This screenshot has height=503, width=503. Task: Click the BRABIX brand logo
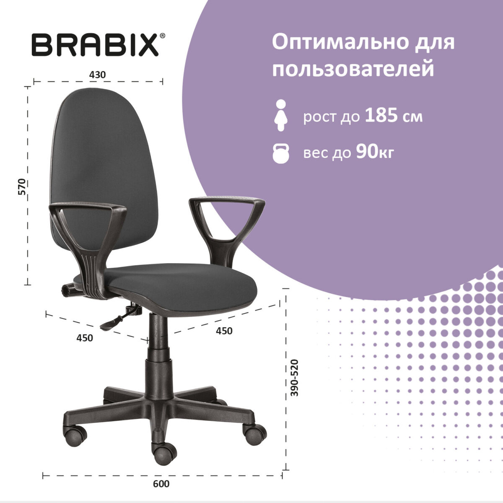coord(95,45)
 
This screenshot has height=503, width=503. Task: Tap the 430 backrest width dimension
coord(97,75)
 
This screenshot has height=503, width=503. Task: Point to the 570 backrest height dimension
coord(22,187)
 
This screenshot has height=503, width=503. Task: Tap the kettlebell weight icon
coord(280,153)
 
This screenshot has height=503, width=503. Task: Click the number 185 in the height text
coord(381,116)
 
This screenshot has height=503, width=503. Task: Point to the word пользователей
coord(353,69)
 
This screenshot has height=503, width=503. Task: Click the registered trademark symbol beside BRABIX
coord(163,37)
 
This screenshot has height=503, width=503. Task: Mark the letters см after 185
coord(413,117)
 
